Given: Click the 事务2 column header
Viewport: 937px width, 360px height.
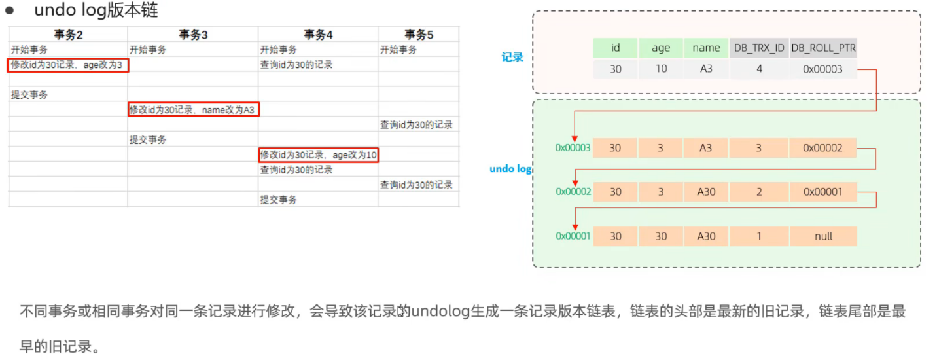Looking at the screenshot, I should tap(68, 35).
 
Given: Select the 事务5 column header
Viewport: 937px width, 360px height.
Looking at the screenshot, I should tap(419, 35).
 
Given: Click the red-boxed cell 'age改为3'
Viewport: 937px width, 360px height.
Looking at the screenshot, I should tap(68, 65).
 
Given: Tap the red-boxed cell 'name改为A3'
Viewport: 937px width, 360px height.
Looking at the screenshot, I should tap(194, 110).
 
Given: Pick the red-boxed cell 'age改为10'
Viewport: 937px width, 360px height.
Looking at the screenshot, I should tap(319, 155).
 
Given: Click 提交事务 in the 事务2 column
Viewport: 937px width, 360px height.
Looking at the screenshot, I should tap(29, 95).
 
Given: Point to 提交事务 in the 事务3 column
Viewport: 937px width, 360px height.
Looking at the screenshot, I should tap(148, 140).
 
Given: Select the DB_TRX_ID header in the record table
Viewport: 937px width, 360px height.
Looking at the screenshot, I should tap(759, 48).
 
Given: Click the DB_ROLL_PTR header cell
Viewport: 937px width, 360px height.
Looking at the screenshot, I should tap(823, 48).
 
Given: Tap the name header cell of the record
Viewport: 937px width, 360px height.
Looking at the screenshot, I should tap(706, 48).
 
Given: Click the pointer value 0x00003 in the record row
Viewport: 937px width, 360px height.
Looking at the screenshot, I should tap(823, 69).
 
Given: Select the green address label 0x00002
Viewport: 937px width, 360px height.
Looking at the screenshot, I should tap(573, 192).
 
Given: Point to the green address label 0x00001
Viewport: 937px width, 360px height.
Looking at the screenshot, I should tap(573, 236).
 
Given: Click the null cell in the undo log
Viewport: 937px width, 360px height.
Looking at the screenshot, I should tap(823, 236).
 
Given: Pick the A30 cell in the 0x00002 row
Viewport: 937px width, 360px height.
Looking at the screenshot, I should tap(706, 192).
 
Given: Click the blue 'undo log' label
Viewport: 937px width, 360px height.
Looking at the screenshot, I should tap(510, 169).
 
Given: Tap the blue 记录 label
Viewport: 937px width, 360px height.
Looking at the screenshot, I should tap(512, 57).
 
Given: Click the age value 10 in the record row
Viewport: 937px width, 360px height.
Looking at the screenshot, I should tap(661, 69).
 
